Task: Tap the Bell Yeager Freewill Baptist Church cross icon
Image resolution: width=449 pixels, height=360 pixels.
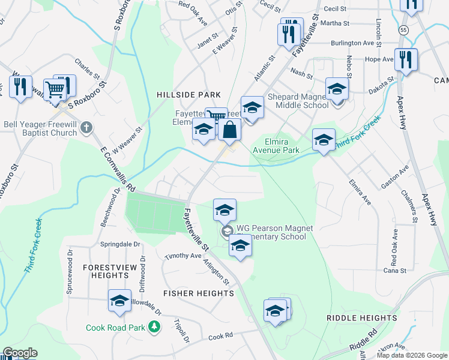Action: pyautogui.click(x=87, y=127)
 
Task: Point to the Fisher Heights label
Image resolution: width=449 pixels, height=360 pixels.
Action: pyautogui.click(x=199, y=293)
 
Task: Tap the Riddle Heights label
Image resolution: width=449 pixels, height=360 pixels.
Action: pyautogui.click(x=361, y=317)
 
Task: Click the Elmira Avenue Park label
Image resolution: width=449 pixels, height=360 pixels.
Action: pyautogui.click(x=276, y=146)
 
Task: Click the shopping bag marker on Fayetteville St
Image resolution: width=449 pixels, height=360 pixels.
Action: pyautogui.click(x=230, y=128)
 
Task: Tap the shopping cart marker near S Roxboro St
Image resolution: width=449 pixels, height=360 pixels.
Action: pyautogui.click(x=55, y=89)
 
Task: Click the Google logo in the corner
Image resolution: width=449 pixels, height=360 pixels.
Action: pyautogui.click(x=19, y=353)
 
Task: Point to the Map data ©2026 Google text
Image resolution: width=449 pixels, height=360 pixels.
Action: pyautogui.click(x=411, y=355)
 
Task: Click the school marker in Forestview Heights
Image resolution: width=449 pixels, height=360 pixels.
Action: pyautogui.click(x=119, y=300)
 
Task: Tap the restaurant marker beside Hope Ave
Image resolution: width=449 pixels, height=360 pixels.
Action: pyautogui.click(x=406, y=59)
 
